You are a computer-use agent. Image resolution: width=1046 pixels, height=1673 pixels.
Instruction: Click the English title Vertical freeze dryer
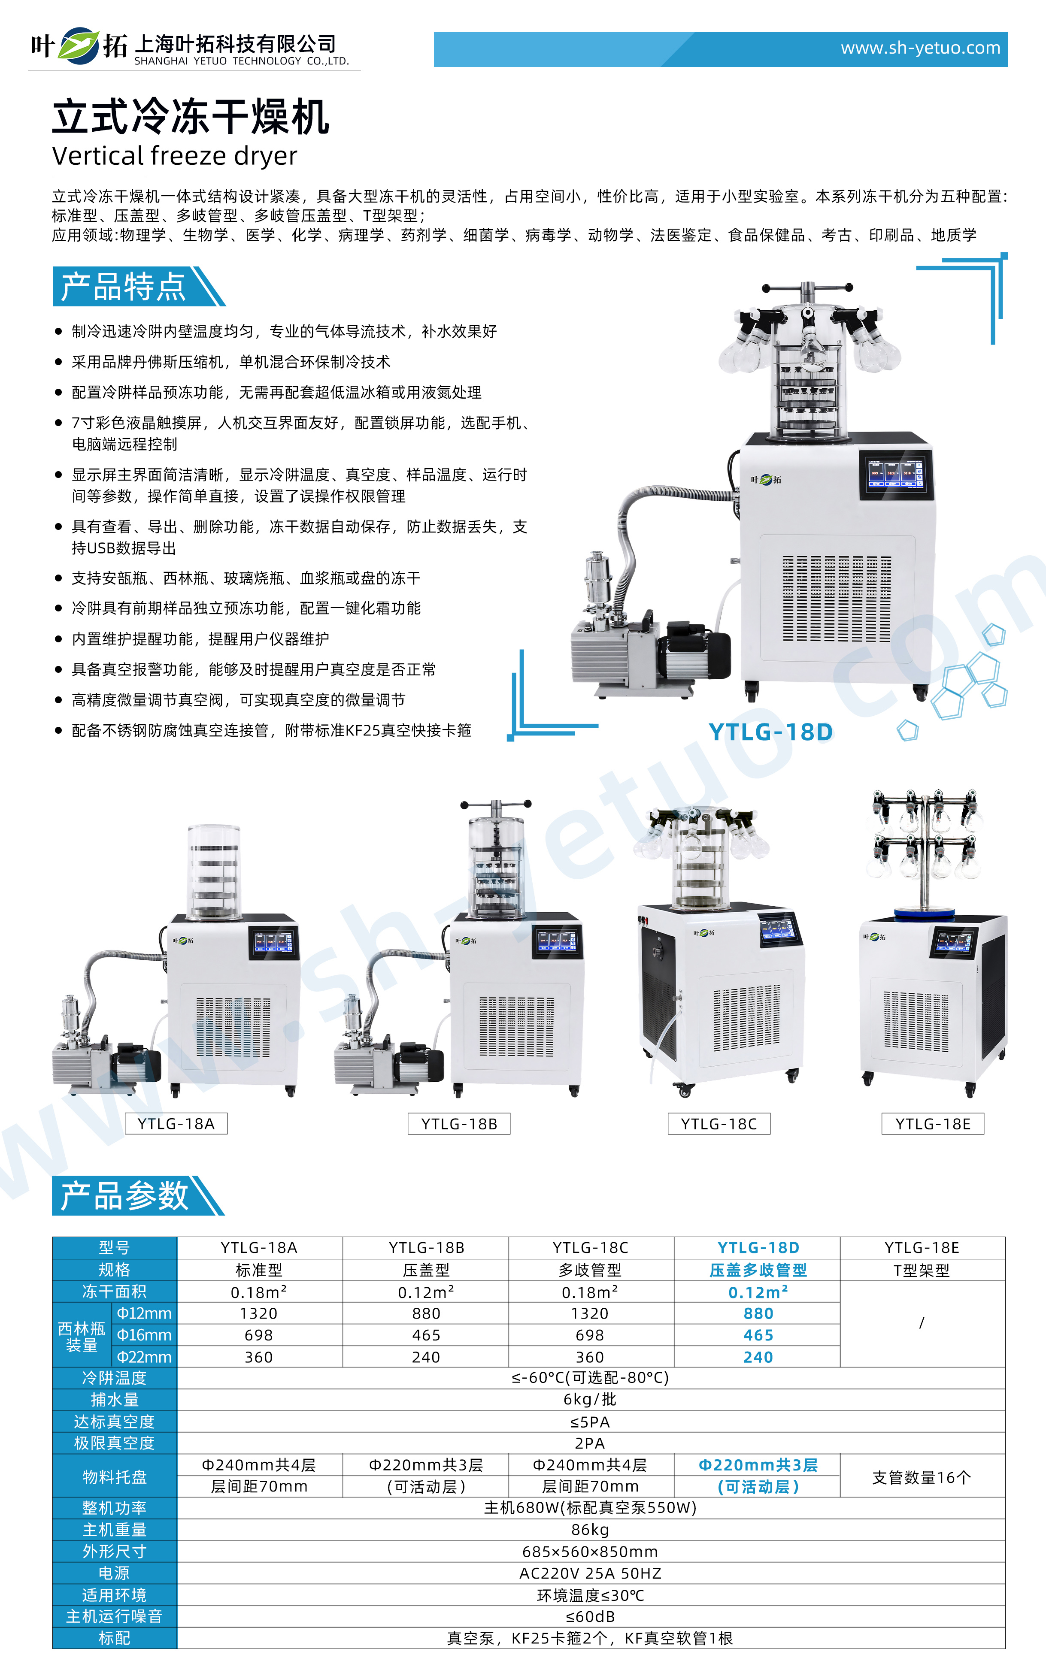pyautogui.click(x=174, y=156)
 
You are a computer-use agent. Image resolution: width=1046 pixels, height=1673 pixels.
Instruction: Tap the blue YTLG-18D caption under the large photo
pyautogui.click(x=771, y=732)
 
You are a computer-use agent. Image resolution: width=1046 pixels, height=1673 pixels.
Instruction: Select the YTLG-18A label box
pyautogui.click(x=176, y=1124)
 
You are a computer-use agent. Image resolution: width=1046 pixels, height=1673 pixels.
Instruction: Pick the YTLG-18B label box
pyautogui.click(x=459, y=1124)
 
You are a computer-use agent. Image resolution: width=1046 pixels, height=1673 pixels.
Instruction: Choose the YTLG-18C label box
pyautogui.click(x=719, y=1124)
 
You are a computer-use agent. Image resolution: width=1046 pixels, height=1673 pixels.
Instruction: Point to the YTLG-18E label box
pyautogui.click(x=933, y=1124)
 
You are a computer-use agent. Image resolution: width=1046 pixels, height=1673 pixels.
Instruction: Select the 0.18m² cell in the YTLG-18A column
pyautogui.click(x=259, y=1292)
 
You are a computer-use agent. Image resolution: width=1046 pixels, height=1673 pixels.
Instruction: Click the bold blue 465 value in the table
pyautogui.click(x=758, y=1335)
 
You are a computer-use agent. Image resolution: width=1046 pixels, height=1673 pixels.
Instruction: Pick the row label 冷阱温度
pyautogui.click(x=114, y=1378)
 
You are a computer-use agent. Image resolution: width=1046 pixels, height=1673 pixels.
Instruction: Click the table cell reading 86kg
pyautogui.click(x=590, y=1529)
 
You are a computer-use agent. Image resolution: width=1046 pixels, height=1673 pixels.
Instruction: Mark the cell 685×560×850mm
pyautogui.click(x=590, y=1551)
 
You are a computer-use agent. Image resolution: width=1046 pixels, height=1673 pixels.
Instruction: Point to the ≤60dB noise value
pyautogui.click(x=590, y=1616)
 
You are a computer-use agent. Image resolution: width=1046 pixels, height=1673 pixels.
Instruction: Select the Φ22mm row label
pyautogui.click(x=144, y=1357)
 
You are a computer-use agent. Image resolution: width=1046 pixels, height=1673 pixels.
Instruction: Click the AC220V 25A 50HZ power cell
pyautogui.click(x=590, y=1573)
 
